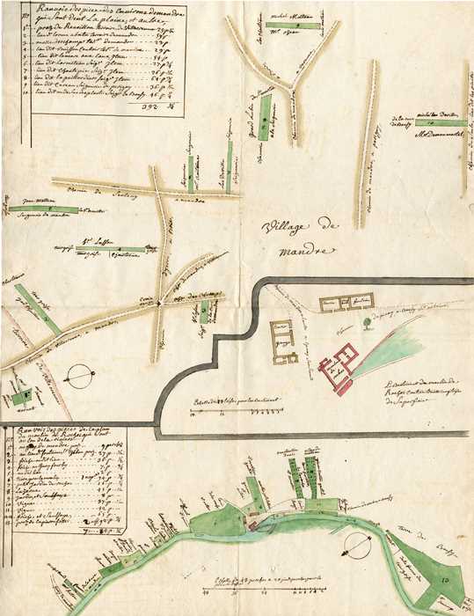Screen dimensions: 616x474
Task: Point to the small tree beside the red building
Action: (363, 324)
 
